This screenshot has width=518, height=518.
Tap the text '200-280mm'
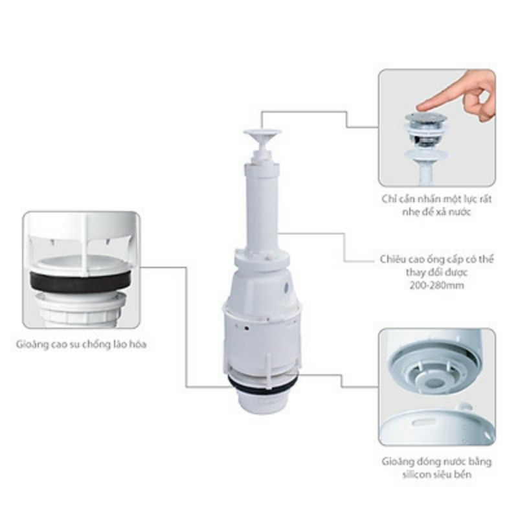pos(436,286)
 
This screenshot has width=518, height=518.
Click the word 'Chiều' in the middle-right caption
pos(393,260)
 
